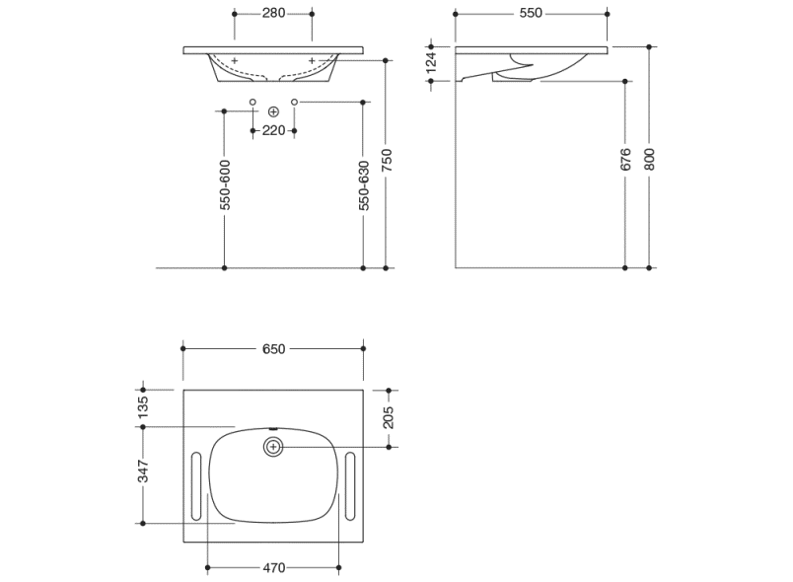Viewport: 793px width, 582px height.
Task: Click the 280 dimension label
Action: pyautogui.click(x=273, y=13)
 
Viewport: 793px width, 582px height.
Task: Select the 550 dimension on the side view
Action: pyautogui.click(x=531, y=13)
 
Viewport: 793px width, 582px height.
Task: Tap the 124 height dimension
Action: pyautogui.click(x=431, y=62)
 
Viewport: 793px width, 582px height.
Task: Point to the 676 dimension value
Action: pyautogui.click(x=625, y=159)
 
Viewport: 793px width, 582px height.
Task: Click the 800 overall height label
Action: pyautogui.click(x=650, y=159)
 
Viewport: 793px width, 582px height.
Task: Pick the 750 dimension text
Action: pyautogui.click(x=387, y=160)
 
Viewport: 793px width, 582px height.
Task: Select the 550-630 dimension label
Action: pyautogui.click(x=364, y=185)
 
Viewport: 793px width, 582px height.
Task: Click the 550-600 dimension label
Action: pyautogui.click(x=226, y=185)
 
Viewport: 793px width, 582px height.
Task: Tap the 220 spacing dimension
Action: pyautogui.click(x=273, y=130)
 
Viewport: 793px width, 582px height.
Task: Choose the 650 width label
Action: pyautogui.click(x=273, y=349)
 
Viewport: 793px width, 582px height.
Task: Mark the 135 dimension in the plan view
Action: pyautogui.click(x=143, y=407)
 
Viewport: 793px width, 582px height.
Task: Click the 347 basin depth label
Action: pyautogui.click(x=143, y=472)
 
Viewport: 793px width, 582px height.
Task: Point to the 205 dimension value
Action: pyautogui.click(x=389, y=417)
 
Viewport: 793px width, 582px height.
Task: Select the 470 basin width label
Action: pyautogui.click(x=273, y=568)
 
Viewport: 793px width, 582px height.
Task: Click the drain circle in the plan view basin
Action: pyautogui.click(x=273, y=447)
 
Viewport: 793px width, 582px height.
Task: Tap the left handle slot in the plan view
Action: pyautogui.click(x=196, y=486)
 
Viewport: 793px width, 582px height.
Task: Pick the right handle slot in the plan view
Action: pyautogui.click(x=350, y=486)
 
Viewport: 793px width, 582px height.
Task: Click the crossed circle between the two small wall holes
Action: pyautogui.click(x=273, y=111)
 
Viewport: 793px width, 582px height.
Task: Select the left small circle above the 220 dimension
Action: pyautogui.click(x=252, y=103)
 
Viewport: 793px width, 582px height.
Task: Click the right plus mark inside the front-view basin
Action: pyautogui.click(x=312, y=61)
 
